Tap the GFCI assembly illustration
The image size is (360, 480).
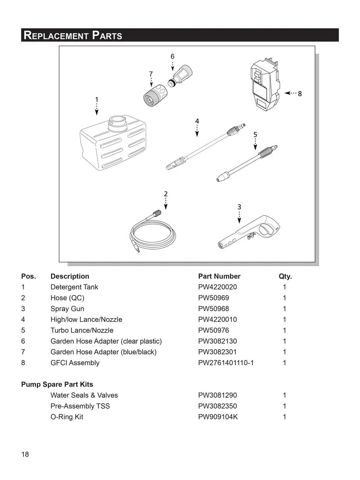265,85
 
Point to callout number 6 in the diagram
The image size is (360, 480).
172,56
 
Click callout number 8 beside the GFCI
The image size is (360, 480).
300,94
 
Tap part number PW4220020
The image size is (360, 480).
217,287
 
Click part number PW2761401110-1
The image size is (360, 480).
226,363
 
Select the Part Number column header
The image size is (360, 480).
219,276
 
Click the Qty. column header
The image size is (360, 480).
285,276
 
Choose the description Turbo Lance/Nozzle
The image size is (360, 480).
82,330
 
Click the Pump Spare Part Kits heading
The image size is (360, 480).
57,384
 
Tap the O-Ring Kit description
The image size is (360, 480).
67,417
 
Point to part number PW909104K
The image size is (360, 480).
218,417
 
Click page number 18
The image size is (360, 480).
25,455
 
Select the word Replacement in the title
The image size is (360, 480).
56,35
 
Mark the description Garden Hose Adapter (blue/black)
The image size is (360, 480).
103,352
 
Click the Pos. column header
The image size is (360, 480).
28,276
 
